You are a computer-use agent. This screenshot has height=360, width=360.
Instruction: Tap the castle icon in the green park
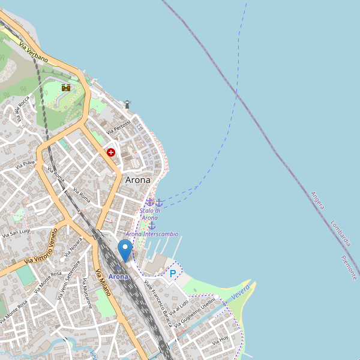click(x=66, y=88)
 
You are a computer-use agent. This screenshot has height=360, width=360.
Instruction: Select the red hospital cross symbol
click(x=111, y=152)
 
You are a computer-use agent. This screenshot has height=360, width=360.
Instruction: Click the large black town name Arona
click(x=137, y=179)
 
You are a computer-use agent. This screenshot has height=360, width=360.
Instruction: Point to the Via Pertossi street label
click(x=119, y=127)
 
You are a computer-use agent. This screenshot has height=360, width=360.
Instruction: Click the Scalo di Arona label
click(x=150, y=214)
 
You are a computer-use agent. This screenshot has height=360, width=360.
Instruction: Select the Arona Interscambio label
click(x=152, y=234)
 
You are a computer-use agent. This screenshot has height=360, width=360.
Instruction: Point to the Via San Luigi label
click(x=16, y=232)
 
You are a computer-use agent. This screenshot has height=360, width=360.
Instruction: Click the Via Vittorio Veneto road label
click(x=41, y=247)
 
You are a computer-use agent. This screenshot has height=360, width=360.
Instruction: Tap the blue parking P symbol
click(x=173, y=274)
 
